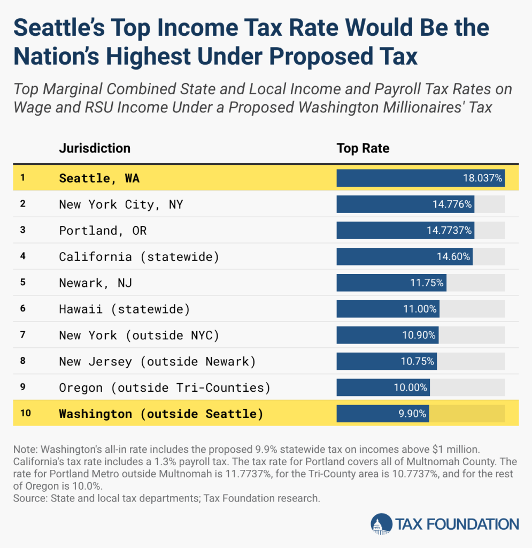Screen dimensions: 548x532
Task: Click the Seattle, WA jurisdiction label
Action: [x=99, y=178]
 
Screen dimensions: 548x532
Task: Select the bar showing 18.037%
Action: [x=420, y=178]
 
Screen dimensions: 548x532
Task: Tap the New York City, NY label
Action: [x=121, y=204]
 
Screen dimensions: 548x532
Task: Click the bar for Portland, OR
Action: [x=405, y=231]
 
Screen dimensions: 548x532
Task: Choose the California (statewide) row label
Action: [x=139, y=257]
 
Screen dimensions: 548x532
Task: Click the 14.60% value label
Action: [x=453, y=257]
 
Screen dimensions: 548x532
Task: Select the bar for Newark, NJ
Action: [x=391, y=283]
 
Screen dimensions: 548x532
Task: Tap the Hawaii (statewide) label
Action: [x=124, y=309]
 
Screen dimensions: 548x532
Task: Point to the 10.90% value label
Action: [x=420, y=336]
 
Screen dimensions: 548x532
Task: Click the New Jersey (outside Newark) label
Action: [x=157, y=362]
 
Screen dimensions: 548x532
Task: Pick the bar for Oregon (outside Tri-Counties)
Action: [x=383, y=387]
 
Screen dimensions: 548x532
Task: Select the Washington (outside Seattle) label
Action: [x=161, y=414]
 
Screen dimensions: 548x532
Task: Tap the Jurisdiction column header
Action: [x=95, y=148]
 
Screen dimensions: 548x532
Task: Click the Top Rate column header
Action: [x=363, y=148]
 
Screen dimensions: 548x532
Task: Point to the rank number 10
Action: [x=25, y=414]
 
